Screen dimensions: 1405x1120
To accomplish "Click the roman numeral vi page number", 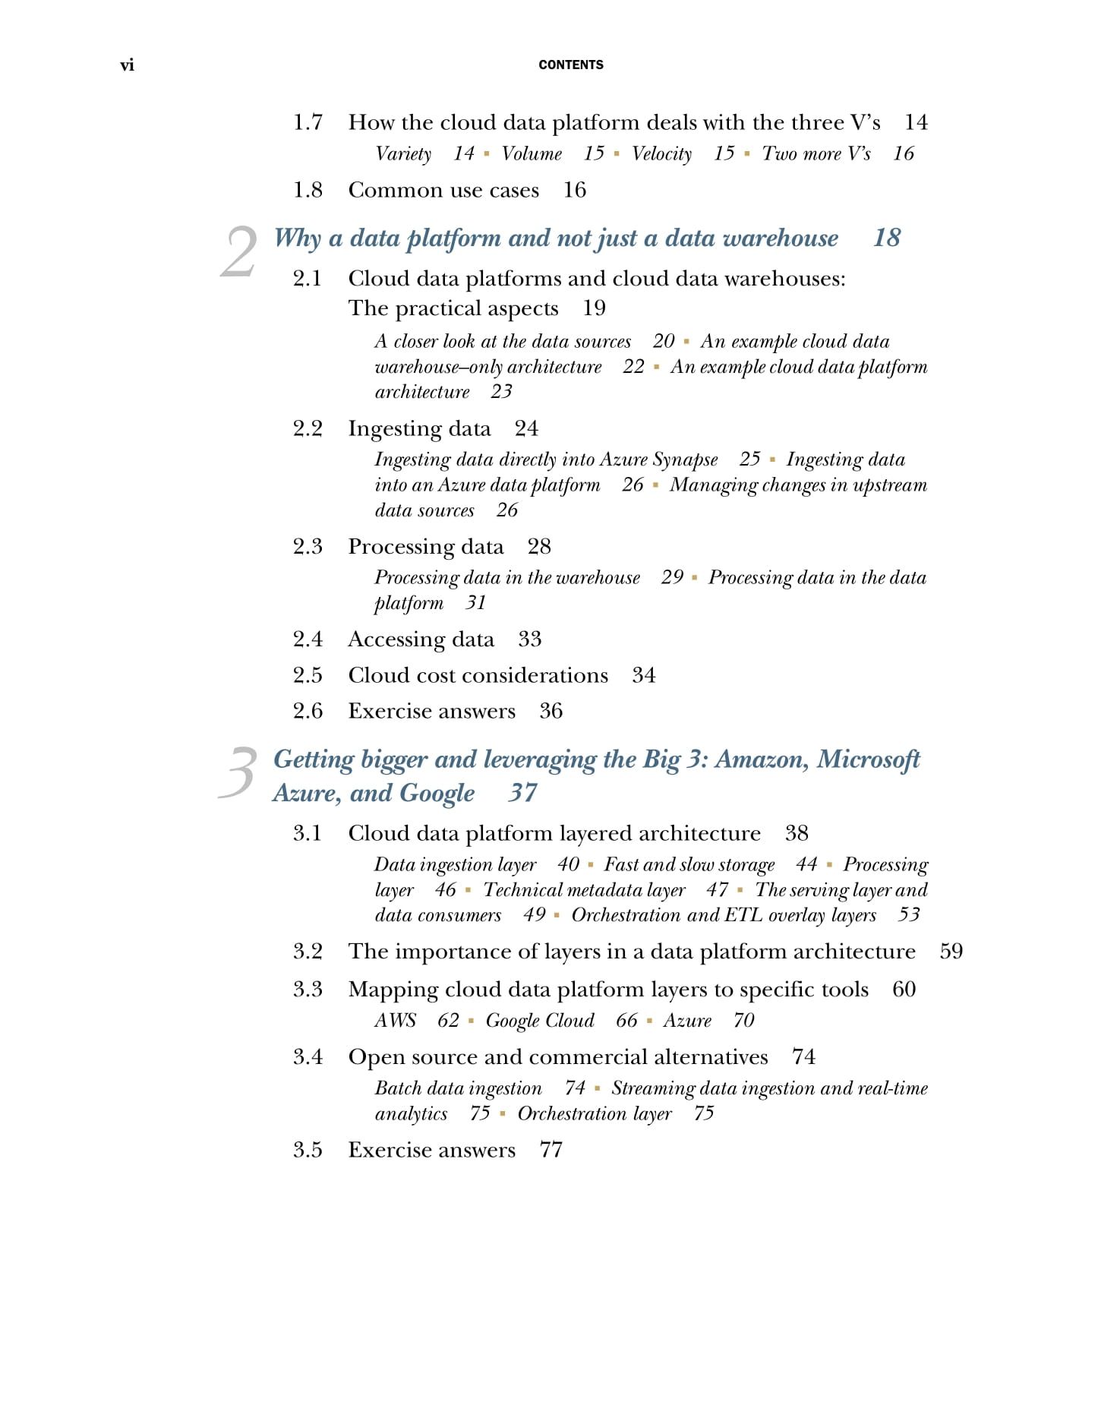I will tap(127, 65).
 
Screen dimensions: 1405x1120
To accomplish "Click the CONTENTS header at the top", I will tap(570, 65).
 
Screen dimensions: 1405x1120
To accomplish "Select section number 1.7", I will tap(308, 122).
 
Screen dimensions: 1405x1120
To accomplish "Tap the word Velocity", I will tap(661, 154).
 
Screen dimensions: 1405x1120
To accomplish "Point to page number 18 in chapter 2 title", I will tap(886, 238).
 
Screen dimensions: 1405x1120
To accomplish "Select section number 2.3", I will tap(308, 547).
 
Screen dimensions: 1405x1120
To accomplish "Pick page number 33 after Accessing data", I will tap(529, 639).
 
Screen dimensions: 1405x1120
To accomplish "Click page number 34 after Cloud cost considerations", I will tap(643, 675).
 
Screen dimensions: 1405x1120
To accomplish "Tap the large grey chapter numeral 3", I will tap(238, 772).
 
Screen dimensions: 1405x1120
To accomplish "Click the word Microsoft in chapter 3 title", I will tap(868, 759).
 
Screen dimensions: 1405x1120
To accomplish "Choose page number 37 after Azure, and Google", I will tap(522, 793).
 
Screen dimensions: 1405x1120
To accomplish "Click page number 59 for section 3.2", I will tap(951, 952).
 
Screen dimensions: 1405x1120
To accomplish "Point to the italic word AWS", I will tap(395, 1020).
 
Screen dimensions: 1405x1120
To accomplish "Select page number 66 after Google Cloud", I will tap(626, 1020).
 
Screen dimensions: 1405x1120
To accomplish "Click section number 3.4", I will tap(308, 1057).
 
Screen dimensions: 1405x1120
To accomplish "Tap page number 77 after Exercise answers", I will tap(551, 1150).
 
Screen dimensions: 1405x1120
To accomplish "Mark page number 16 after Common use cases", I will tap(574, 190).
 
